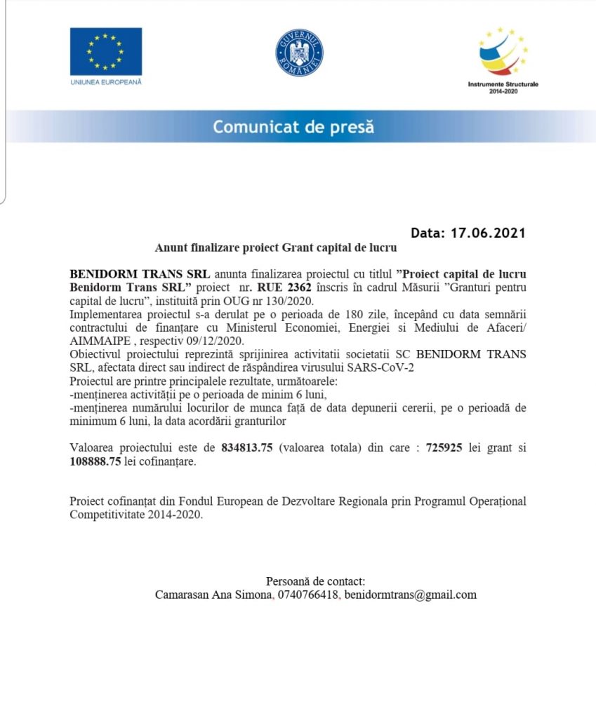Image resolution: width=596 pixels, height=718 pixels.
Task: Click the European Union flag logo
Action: [x=106, y=51]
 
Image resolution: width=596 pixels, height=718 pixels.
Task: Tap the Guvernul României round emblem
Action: [x=299, y=53]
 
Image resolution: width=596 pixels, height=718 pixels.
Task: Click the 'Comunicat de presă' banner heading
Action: [x=293, y=128]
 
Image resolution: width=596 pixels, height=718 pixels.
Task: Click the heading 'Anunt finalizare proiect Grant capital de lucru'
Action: [x=276, y=248]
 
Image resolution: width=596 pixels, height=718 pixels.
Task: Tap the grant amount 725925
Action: [x=444, y=448]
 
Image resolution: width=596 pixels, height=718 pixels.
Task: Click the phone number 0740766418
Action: [x=307, y=595]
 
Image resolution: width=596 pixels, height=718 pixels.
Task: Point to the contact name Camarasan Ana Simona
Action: [x=213, y=595]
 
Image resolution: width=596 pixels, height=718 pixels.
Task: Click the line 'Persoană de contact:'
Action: [x=315, y=581]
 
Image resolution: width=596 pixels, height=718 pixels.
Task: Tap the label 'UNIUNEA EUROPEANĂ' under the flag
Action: [x=106, y=82]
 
